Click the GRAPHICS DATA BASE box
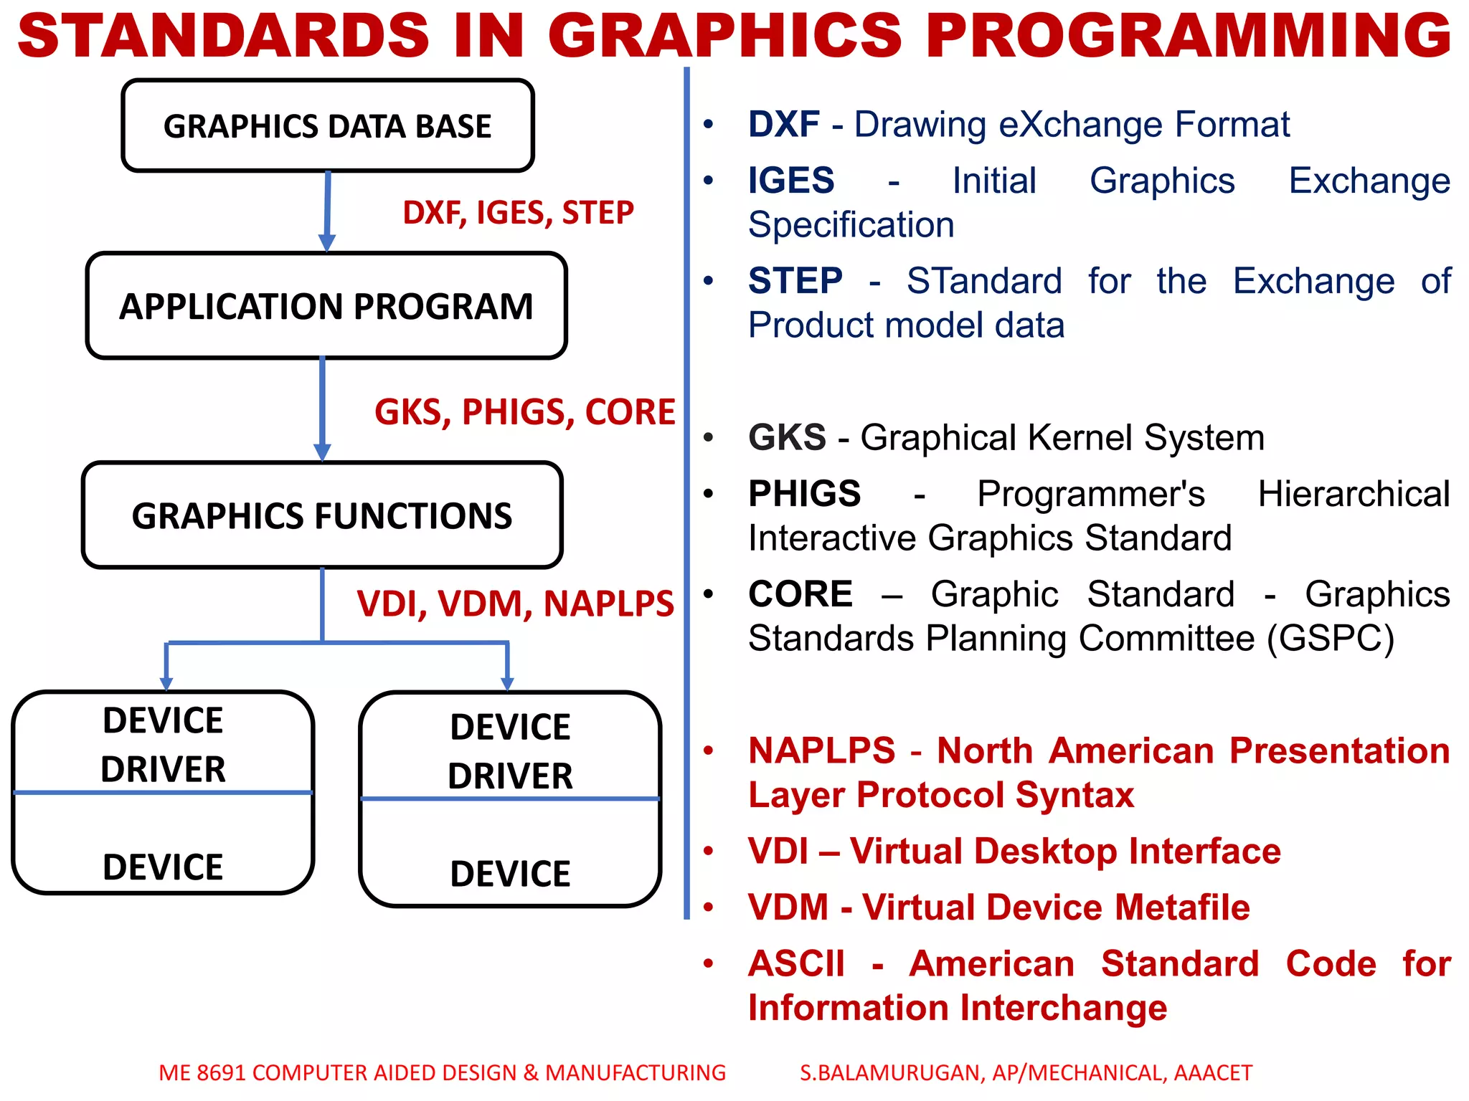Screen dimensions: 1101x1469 click(327, 126)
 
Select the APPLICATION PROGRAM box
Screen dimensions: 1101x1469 click(326, 306)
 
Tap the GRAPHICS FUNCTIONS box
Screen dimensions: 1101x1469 click(322, 516)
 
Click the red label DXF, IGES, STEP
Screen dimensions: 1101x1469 click(518, 213)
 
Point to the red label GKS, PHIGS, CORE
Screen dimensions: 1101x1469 click(524, 412)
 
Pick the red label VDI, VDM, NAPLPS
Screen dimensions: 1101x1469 click(515, 604)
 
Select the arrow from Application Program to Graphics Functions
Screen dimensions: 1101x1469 click(322, 409)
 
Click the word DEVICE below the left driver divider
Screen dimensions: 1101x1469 click(163, 867)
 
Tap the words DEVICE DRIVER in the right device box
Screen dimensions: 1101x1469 click(510, 751)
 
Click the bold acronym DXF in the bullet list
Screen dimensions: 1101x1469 click(783, 125)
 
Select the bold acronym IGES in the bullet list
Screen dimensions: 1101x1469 click(791, 181)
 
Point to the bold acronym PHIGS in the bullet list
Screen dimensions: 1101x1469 click(804, 494)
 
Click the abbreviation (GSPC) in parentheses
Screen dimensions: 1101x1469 click(1331, 639)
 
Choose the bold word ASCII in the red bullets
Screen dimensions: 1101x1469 click(796, 964)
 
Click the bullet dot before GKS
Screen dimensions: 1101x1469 click(709, 437)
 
